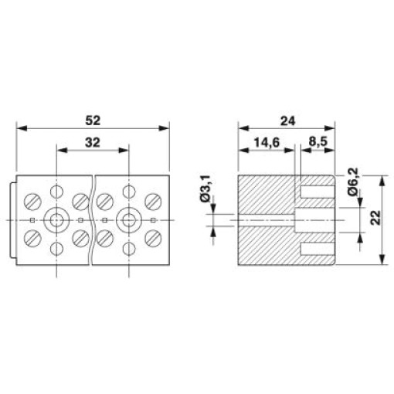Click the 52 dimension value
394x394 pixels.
click(x=93, y=121)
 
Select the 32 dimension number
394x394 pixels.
click(x=93, y=142)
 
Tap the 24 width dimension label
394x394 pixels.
click(x=287, y=121)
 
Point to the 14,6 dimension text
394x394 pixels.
click(x=267, y=142)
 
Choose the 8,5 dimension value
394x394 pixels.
click(x=318, y=142)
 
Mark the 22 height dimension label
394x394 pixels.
click(x=376, y=218)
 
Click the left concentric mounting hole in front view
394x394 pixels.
click(x=56, y=220)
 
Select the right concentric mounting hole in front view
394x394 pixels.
click(x=129, y=220)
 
